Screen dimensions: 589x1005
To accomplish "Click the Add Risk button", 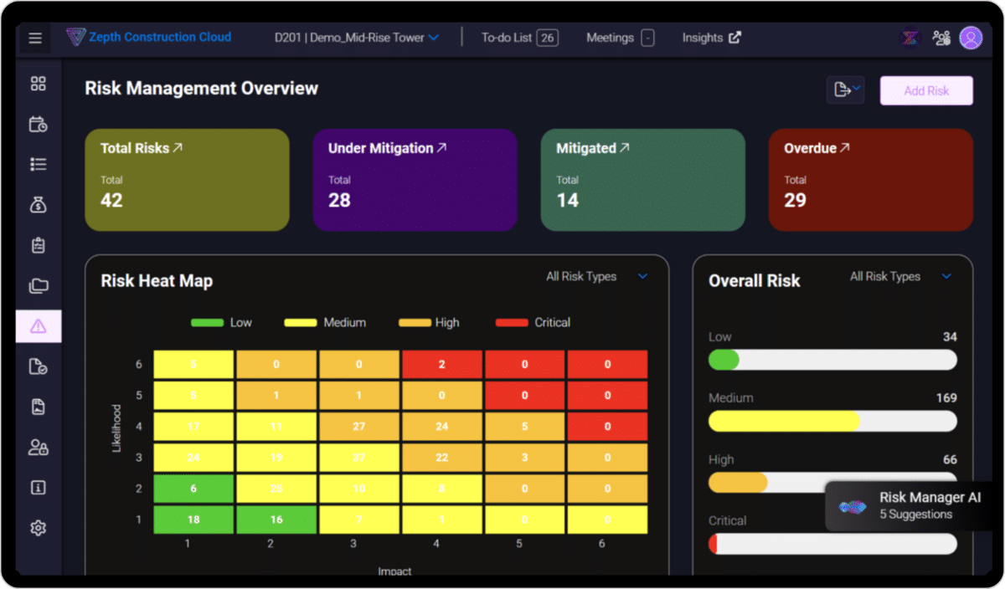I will click(x=925, y=90).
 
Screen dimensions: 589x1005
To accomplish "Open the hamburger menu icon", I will click(x=34, y=38).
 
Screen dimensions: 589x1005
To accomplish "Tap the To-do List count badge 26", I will click(x=548, y=38).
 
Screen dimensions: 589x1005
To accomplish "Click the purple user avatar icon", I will click(x=971, y=38).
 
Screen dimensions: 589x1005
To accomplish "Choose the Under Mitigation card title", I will click(x=380, y=148).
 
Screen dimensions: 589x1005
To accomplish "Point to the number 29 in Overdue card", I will click(x=795, y=200).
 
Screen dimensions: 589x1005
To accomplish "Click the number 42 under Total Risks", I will click(x=111, y=200).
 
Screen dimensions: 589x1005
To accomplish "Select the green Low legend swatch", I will click(x=207, y=322).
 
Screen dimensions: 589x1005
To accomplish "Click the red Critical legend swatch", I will click(x=512, y=322).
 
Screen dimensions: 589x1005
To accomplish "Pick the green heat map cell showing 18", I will click(x=193, y=520).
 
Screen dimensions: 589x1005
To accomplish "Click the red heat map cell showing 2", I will click(x=442, y=365).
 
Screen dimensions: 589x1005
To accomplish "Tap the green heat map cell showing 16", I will click(x=276, y=520).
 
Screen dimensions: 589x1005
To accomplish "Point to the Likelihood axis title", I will click(x=116, y=428).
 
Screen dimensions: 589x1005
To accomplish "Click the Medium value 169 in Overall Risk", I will click(x=946, y=398).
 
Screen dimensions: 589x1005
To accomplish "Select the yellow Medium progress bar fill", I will click(x=784, y=421).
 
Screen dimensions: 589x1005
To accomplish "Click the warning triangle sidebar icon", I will click(x=38, y=326).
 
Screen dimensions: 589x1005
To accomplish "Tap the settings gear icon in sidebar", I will click(x=38, y=528).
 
